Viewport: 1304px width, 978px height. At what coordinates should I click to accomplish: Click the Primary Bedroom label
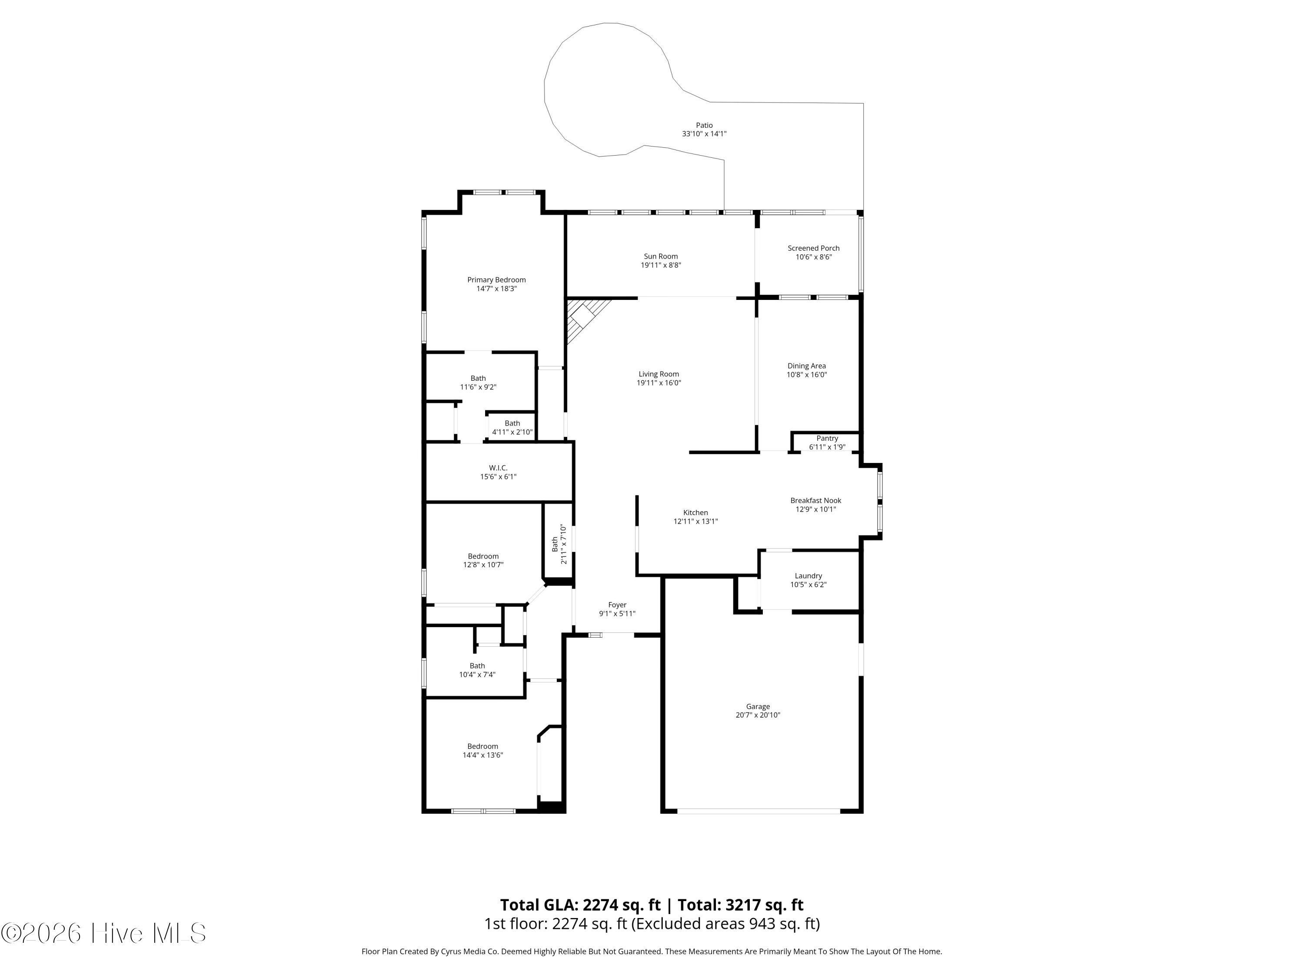click(496, 280)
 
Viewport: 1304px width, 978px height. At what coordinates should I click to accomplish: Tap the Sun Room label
click(660, 256)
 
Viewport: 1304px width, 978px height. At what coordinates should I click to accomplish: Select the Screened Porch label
click(814, 248)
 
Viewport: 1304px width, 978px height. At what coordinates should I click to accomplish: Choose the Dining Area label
click(806, 366)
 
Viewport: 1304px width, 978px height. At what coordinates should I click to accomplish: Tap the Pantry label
click(827, 439)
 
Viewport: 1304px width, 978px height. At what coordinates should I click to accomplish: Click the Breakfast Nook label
click(816, 500)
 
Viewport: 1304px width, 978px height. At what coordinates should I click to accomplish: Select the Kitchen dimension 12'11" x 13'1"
click(695, 521)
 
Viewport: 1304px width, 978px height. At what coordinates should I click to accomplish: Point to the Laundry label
click(808, 576)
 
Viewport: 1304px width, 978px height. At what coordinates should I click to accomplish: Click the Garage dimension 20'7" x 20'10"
click(758, 715)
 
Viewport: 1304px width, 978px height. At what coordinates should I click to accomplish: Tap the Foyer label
click(617, 605)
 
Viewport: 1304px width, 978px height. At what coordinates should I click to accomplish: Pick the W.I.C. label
click(498, 468)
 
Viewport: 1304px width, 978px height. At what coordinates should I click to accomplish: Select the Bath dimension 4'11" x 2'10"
click(512, 432)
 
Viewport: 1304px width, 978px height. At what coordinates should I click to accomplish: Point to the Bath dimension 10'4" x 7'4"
click(478, 675)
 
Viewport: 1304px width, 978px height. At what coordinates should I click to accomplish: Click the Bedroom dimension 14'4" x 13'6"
click(483, 755)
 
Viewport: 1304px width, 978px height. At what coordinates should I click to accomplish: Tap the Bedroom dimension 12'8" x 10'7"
click(483, 565)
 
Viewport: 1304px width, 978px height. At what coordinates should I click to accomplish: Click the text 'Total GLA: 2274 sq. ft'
click(580, 905)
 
